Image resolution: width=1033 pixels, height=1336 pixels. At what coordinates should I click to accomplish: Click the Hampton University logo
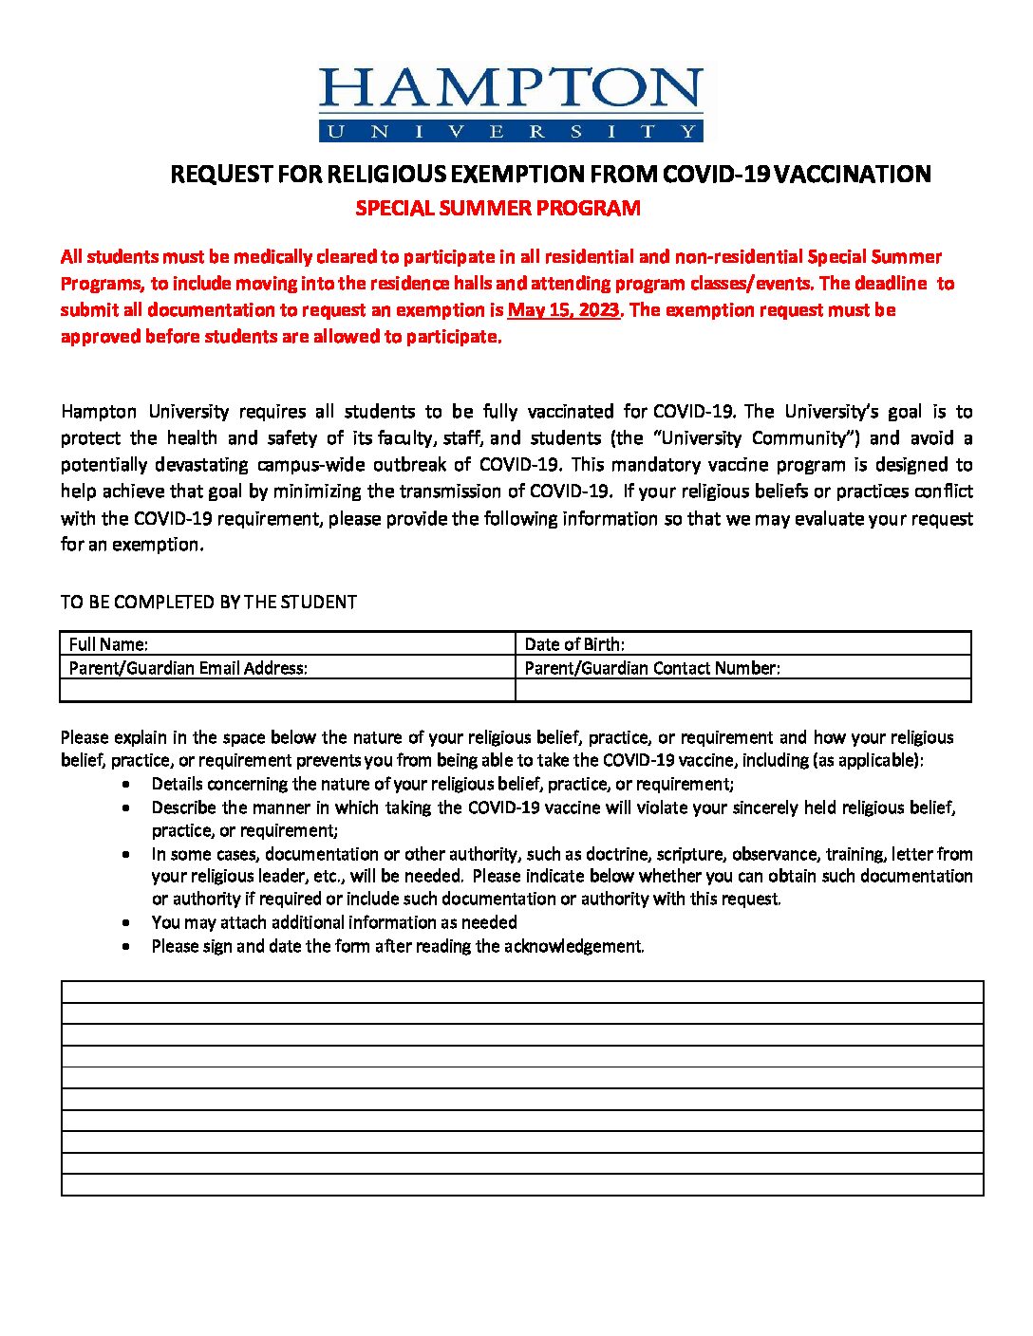point(511,103)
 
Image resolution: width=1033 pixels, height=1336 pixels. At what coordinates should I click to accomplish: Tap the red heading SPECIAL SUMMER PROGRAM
point(498,209)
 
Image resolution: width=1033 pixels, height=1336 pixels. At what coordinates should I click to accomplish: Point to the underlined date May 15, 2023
point(563,310)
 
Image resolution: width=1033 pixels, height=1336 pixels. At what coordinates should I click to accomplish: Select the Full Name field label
point(108,644)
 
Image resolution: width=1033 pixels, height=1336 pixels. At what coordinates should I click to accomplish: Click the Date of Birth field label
point(574,644)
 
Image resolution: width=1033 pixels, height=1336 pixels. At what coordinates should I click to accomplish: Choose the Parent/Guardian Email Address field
point(188,668)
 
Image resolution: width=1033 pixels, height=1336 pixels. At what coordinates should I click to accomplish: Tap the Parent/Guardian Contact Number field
point(652,668)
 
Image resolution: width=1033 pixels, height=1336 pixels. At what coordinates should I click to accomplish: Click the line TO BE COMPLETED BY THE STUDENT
point(209,603)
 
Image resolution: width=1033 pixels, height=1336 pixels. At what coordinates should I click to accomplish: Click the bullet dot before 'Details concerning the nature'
point(128,785)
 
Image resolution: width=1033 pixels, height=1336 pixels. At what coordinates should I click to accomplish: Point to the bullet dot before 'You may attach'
point(128,922)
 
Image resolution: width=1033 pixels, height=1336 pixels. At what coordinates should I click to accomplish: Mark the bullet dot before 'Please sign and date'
point(128,946)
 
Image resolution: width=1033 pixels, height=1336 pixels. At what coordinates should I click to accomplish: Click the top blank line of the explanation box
point(522,992)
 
